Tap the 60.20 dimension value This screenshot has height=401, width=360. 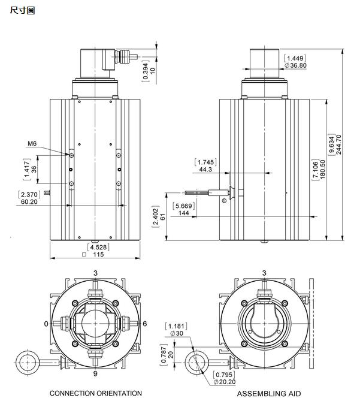point(29,202)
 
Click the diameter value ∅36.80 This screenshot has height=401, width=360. point(295,65)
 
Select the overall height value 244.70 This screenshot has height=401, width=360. point(339,144)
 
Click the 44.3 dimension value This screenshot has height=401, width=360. point(205,170)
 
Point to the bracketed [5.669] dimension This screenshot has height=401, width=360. point(183,206)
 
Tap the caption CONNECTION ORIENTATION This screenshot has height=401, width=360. point(96,393)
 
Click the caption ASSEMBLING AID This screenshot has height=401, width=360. point(269,394)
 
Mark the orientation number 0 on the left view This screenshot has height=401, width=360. point(46,324)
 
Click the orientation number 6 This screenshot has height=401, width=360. point(144,324)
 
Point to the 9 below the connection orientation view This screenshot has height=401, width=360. point(95,373)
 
